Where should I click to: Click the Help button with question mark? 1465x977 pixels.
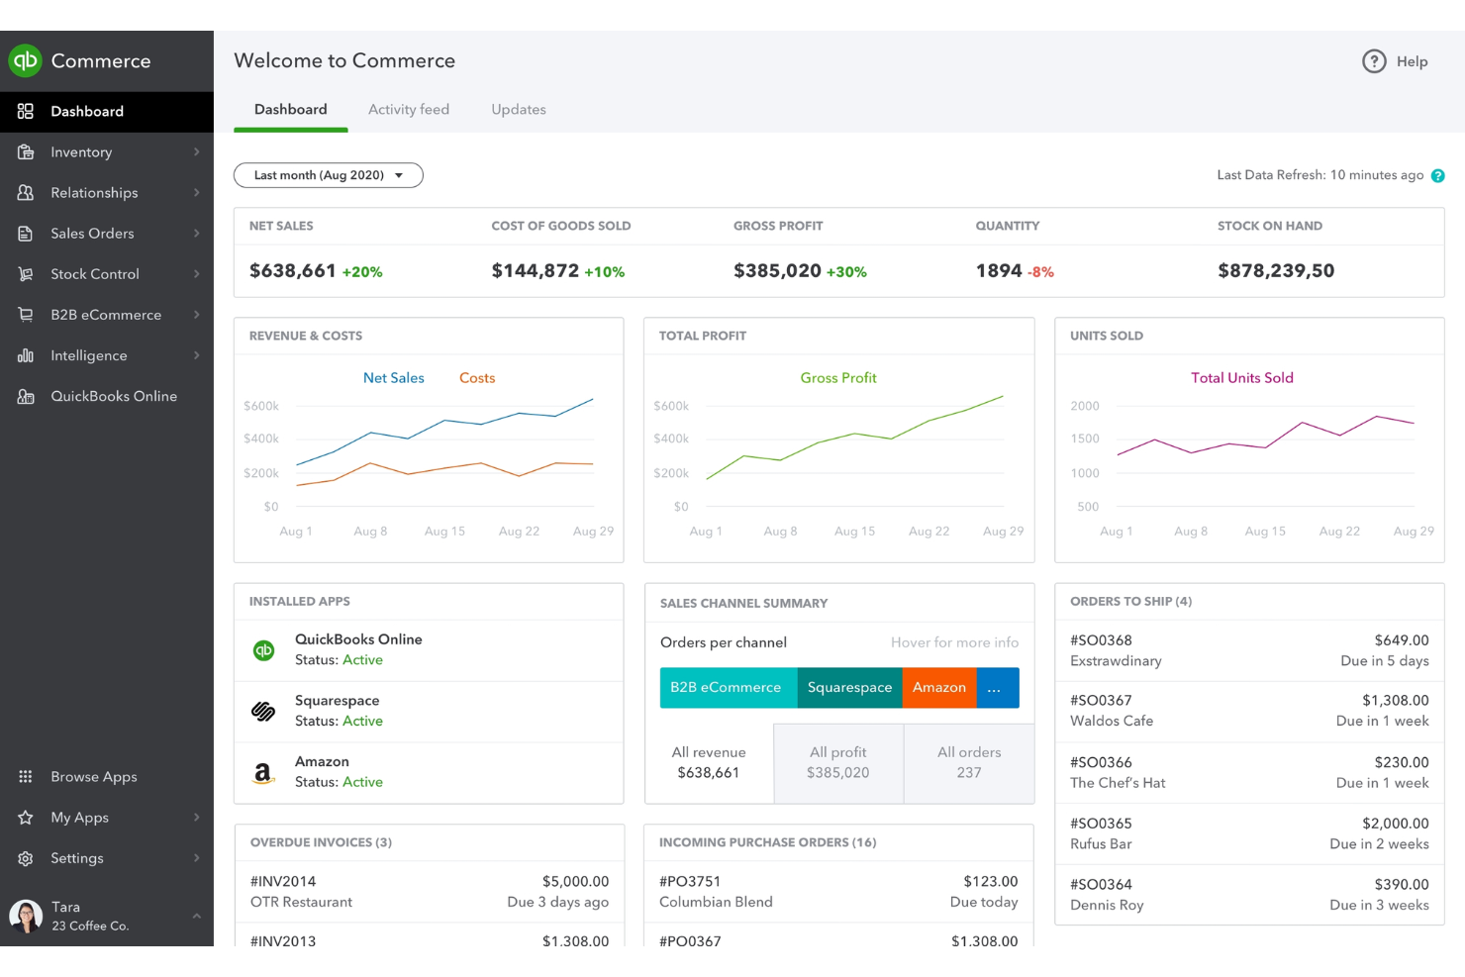click(1395, 61)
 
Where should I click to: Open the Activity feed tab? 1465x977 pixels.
click(408, 110)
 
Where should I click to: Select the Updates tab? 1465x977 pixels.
click(518, 110)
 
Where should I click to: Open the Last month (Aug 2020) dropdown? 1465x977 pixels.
click(328, 175)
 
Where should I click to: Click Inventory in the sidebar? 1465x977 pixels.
click(81, 152)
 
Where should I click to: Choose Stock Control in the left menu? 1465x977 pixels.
click(94, 274)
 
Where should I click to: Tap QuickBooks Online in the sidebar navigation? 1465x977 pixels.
click(113, 396)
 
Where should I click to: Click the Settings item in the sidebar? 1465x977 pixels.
click(76, 858)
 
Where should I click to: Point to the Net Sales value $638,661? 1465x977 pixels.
click(292, 270)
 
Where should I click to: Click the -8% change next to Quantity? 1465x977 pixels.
click(1040, 272)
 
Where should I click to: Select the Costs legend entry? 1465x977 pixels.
click(476, 378)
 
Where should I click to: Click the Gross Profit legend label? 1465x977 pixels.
click(837, 378)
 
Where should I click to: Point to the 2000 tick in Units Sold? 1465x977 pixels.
click(1084, 406)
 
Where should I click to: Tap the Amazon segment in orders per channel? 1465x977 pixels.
click(938, 688)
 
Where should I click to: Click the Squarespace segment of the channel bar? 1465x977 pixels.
click(848, 688)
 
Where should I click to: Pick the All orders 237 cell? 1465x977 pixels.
click(968, 763)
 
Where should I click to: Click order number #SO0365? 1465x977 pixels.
click(1101, 824)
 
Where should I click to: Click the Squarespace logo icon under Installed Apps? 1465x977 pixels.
click(263, 711)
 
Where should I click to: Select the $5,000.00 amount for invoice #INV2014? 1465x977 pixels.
click(575, 881)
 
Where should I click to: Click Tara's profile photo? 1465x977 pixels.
click(26, 916)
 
